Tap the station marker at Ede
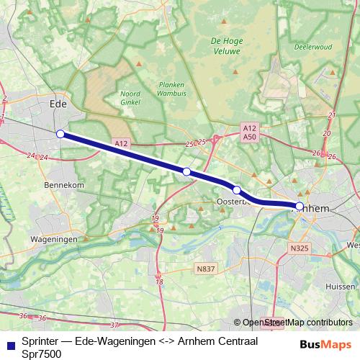tap(60, 133)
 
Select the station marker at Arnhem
tap(299, 207)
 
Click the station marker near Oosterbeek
tap(236, 190)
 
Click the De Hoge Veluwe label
tap(225, 46)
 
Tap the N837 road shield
tap(205, 269)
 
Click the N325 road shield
tap(300, 248)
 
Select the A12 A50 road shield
tap(250, 132)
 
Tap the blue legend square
tap(10, 343)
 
